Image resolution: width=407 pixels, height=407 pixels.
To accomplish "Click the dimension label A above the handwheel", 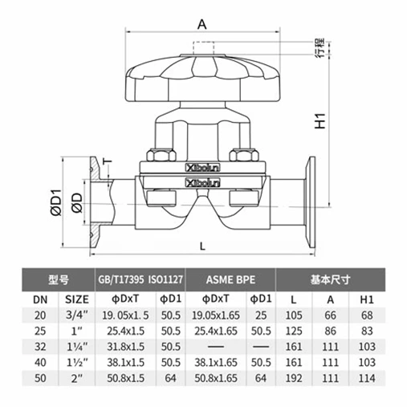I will click(x=202, y=24).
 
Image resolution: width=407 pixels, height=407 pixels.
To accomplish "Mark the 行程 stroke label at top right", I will click(x=319, y=47).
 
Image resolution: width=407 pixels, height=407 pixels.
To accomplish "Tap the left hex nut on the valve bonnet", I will click(x=158, y=154).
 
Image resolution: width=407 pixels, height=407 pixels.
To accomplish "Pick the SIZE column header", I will click(x=76, y=299).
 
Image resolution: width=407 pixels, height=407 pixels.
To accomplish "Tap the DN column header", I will click(x=39, y=299).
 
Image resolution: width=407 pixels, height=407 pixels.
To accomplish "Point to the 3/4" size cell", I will click(x=76, y=315).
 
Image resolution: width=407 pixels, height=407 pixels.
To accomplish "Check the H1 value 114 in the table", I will click(x=367, y=376).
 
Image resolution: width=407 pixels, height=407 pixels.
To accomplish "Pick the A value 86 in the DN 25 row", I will click(x=329, y=330).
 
